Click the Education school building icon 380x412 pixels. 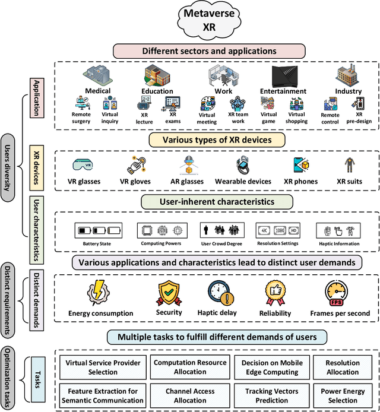point(157,76)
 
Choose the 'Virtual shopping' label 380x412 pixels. point(296,118)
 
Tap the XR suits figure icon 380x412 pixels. point(349,165)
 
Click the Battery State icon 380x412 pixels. point(97,230)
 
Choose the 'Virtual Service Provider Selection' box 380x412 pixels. point(99,367)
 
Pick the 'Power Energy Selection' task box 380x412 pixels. point(343,396)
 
